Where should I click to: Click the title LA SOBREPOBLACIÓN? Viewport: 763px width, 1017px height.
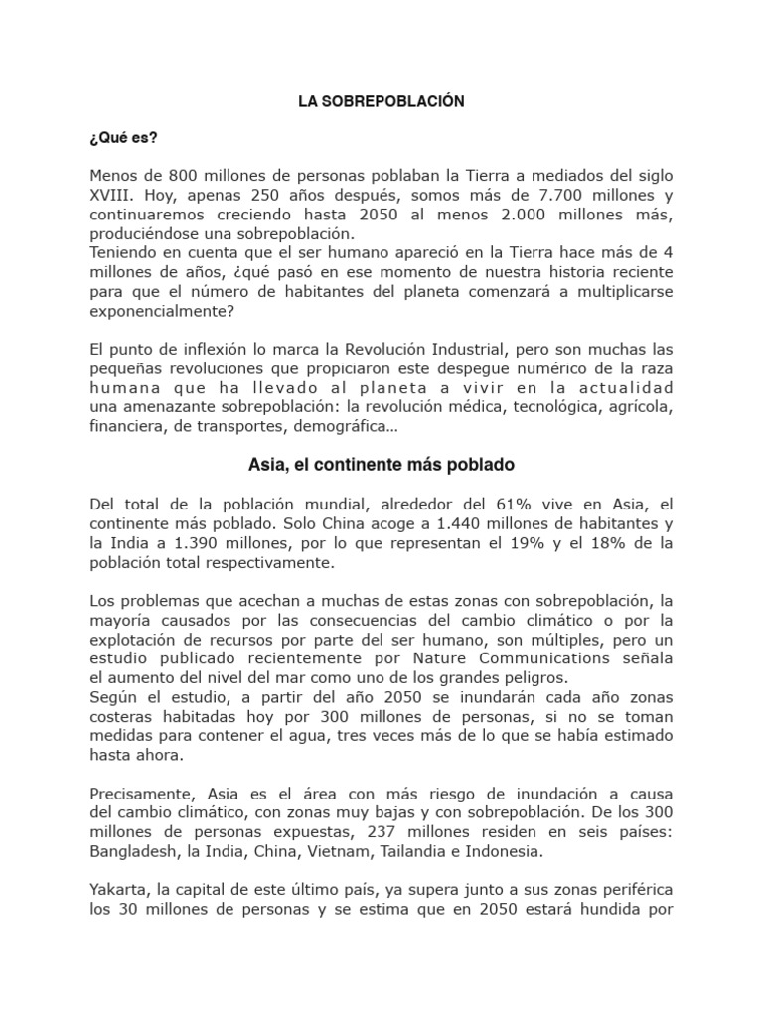pyautogui.click(x=381, y=102)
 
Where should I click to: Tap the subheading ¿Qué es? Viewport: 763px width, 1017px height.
pyautogui.click(x=117, y=138)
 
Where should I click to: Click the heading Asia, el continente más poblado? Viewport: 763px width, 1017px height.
pyautogui.click(x=381, y=465)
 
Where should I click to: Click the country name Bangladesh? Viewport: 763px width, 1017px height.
pyautogui.click(x=131, y=851)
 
